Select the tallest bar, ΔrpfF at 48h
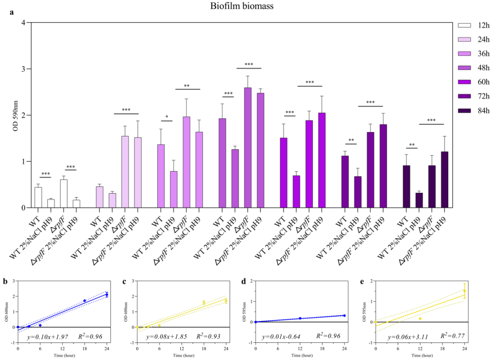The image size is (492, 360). point(248,148)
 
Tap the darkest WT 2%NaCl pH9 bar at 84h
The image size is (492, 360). point(419,200)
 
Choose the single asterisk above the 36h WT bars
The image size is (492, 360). point(167,117)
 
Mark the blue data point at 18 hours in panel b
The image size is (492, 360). point(85,301)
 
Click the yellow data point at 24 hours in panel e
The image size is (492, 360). point(465,291)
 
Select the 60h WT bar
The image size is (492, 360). point(283,173)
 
